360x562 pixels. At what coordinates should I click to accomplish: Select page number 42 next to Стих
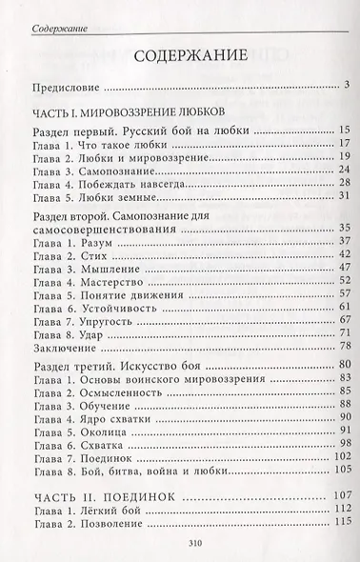(345, 256)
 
